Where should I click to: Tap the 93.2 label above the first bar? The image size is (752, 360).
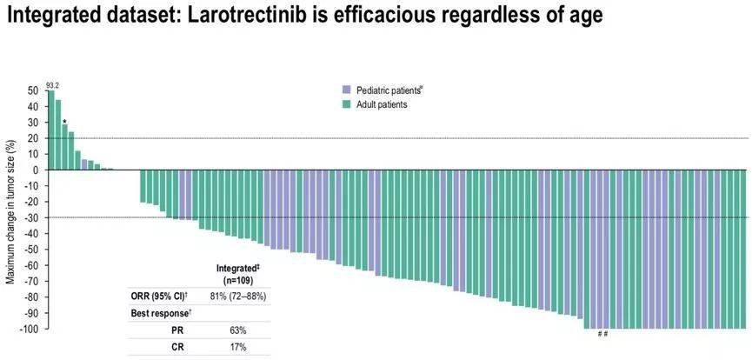click(x=52, y=85)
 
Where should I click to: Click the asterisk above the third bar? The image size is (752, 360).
click(x=64, y=122)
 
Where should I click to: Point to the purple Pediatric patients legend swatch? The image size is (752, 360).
click(x=346, y=90)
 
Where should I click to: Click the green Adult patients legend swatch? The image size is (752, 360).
click(x=346, y=104)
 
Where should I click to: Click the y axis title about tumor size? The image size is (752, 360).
click(x=10, y=209)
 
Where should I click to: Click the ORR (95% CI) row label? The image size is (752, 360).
click(x=162, y=297)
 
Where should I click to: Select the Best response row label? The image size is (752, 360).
click(x=157, y=312)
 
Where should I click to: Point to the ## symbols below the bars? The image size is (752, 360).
click(x=602, y=335)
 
